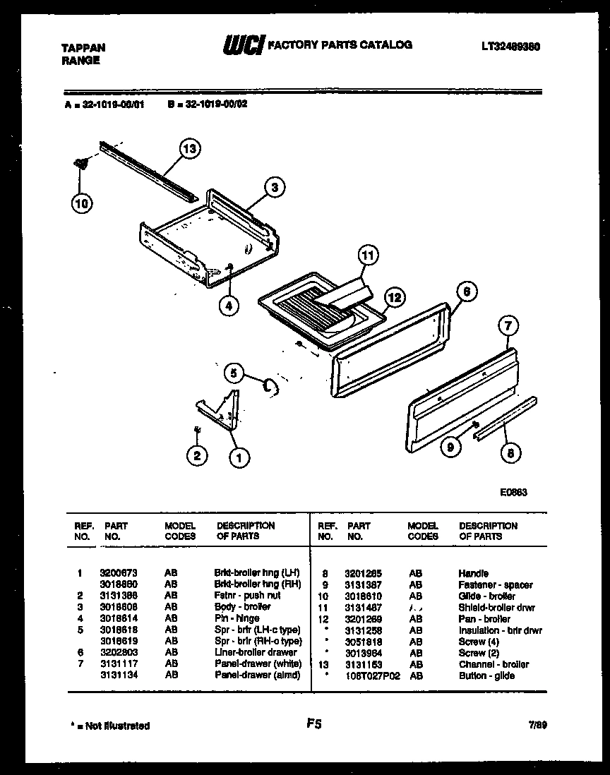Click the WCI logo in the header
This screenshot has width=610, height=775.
tap(243, 45)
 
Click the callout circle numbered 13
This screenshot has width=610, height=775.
tap(189, 149)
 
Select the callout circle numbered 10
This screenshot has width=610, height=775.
tap(82, 204)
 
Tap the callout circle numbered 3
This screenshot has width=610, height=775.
tap(275, 187)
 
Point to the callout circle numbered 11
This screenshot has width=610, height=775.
tap(367, 255)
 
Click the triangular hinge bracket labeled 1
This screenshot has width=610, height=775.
tap(220, 414)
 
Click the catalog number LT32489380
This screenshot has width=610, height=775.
tap(512, 47)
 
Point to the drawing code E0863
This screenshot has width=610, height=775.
tap(512, 493)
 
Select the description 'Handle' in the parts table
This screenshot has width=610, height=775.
tap(473, 574)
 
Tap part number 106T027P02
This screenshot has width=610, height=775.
tap(372, 675)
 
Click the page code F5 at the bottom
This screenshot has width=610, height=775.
tap(315, 723)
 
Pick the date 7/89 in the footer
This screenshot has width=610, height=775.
tap(536, 725)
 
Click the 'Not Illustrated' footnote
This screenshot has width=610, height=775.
tap(110, 726)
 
